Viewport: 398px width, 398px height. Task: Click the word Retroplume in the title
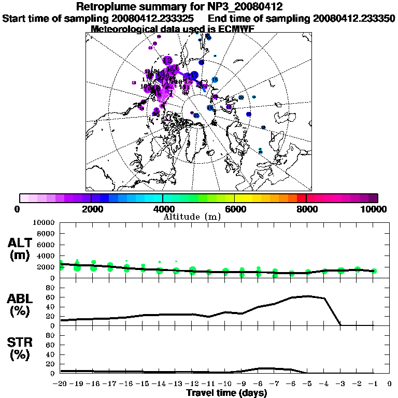[108, 7]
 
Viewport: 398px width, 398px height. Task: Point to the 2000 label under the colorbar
[91, 209]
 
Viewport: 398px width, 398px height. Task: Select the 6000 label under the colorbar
[235, 209]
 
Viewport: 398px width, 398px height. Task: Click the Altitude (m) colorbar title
[192, 217]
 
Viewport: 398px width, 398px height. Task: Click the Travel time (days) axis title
[226, 393]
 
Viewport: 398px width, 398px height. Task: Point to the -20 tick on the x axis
[61, 384]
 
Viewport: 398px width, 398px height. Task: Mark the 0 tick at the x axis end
[389, 384]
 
